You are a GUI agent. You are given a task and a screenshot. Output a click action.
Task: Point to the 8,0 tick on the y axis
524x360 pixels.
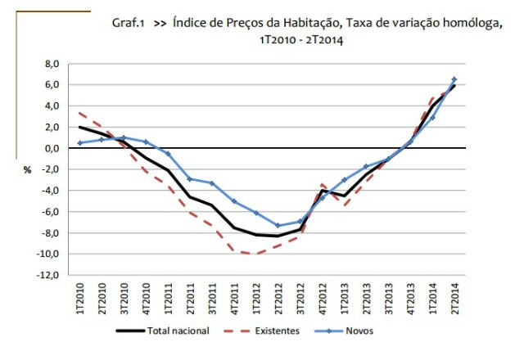(52, 64)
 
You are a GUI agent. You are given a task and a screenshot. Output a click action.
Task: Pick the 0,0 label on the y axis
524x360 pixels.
(52, 148)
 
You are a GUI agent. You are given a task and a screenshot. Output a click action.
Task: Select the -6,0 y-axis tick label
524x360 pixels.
(51, 212)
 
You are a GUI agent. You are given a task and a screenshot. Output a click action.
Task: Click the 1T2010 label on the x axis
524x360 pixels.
(79, 299)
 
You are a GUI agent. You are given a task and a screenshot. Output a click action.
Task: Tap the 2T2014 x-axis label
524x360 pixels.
(454, 299)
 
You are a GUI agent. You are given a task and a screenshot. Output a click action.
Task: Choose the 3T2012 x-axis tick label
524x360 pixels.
(300, 299)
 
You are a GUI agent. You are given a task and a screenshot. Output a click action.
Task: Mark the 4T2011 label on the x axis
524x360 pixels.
(234, 299)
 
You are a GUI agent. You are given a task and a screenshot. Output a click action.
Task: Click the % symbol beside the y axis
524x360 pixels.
(26, 170)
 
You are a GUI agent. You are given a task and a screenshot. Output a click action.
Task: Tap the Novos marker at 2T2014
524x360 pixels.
(454, 79)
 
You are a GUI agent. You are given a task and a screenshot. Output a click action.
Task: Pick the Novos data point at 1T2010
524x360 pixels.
(79, 143)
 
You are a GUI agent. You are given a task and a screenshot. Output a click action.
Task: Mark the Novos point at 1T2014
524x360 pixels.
(431, 117)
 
